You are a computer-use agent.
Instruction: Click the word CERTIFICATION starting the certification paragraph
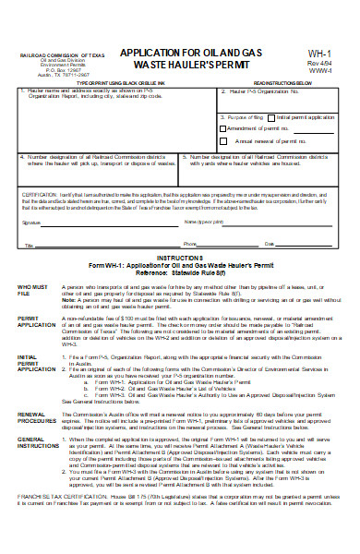pos(40,196)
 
